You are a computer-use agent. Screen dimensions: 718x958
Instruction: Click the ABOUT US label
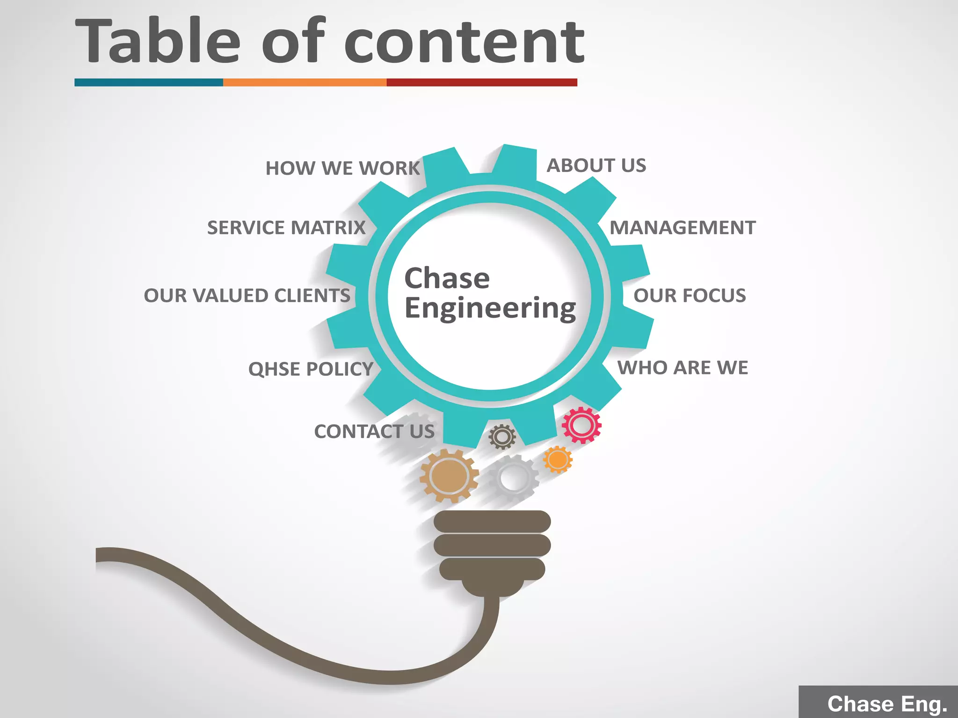point(596,165)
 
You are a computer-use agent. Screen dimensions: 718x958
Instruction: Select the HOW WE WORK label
point(342,168)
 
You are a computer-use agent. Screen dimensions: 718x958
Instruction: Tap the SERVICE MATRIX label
point(286,228)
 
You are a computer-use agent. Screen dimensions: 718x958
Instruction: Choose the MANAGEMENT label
point(682,228)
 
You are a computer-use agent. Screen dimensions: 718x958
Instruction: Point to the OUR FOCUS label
point(689,295)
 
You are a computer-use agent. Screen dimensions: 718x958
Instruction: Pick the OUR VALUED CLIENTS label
point(247,295)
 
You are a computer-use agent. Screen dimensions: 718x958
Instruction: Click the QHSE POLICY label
point(311,369)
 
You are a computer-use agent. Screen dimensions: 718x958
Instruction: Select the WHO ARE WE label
point(682,368)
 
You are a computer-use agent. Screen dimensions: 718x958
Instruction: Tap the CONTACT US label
point(374,431)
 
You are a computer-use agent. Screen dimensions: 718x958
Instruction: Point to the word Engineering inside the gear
point(490,309)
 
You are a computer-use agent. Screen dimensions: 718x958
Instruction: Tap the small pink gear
point(581,425)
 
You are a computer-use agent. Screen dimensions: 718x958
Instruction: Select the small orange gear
point(558,460)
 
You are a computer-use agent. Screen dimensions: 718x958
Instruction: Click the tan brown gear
point(449,476)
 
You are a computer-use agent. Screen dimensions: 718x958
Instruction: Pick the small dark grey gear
point(502,437)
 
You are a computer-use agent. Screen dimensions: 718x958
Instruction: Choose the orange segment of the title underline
point(305,83)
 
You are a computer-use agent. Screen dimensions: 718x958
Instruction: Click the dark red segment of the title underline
point(482,83)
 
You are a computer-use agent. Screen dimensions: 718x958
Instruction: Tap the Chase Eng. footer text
point(887,704)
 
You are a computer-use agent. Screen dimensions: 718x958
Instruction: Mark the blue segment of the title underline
point(149,83)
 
